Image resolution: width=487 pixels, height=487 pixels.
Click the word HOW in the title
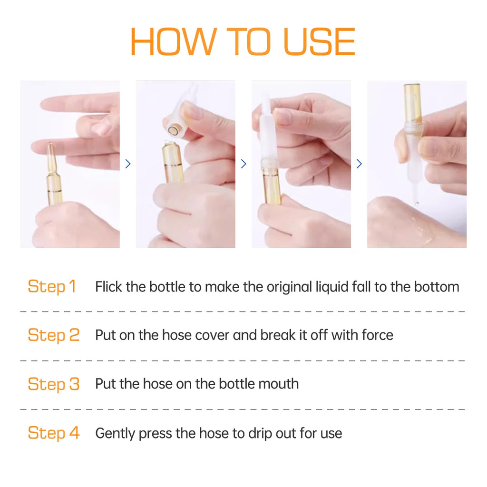click(x=173, y=42)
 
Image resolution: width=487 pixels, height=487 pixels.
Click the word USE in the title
click(x=319, y=42)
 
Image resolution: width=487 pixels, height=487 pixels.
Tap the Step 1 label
click(x=52, y=286)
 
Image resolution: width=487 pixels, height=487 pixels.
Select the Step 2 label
click(x=54, y=335)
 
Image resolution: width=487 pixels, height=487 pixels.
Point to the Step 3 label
click(x=54, y=384)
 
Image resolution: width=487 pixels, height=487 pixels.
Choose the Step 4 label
click(x=54, y=433)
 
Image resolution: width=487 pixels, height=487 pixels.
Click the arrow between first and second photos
click(x=127, y=164)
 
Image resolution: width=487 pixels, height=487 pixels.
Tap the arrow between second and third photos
click(x=243, y=164)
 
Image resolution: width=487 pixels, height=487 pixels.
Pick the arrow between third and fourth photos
click(x=359, y=164)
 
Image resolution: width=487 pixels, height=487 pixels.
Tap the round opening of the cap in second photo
click(x=172, y=130)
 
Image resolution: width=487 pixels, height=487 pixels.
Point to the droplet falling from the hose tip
click(x=417, y=204)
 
